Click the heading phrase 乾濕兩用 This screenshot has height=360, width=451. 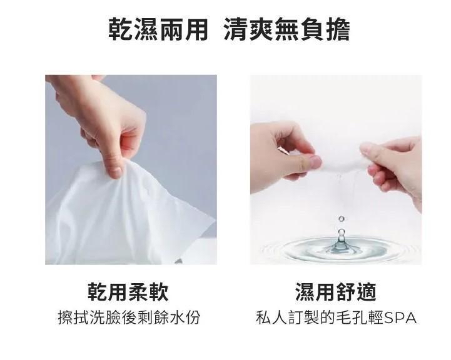point(158,29)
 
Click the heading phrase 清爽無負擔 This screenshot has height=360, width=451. point(286,29)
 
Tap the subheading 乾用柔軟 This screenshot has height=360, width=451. point(128,292)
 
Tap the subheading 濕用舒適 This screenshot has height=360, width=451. point(336,292)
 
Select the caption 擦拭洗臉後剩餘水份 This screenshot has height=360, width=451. point(129,317)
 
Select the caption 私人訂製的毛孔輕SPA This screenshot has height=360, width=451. point(336,317)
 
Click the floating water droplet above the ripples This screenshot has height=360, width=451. point(342,219)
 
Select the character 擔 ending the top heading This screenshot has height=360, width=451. point(338,29)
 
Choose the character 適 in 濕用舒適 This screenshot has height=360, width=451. point(367,292)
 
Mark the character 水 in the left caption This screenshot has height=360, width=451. point(176,317)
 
